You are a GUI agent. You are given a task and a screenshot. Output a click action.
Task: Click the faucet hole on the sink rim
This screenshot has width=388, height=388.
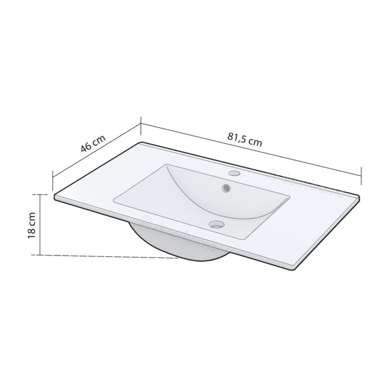click(x=233, y=173)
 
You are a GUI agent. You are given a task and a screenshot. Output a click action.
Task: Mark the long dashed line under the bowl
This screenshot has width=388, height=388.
click(x=107, y=256)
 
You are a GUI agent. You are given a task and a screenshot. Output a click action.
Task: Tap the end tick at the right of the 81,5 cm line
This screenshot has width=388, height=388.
click(x=361, y=171)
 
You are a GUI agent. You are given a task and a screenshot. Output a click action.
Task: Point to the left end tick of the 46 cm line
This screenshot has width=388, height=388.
click(x=53, y=180)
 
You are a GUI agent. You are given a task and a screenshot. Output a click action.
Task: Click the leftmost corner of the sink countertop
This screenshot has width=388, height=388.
click(x=55, y=197)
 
